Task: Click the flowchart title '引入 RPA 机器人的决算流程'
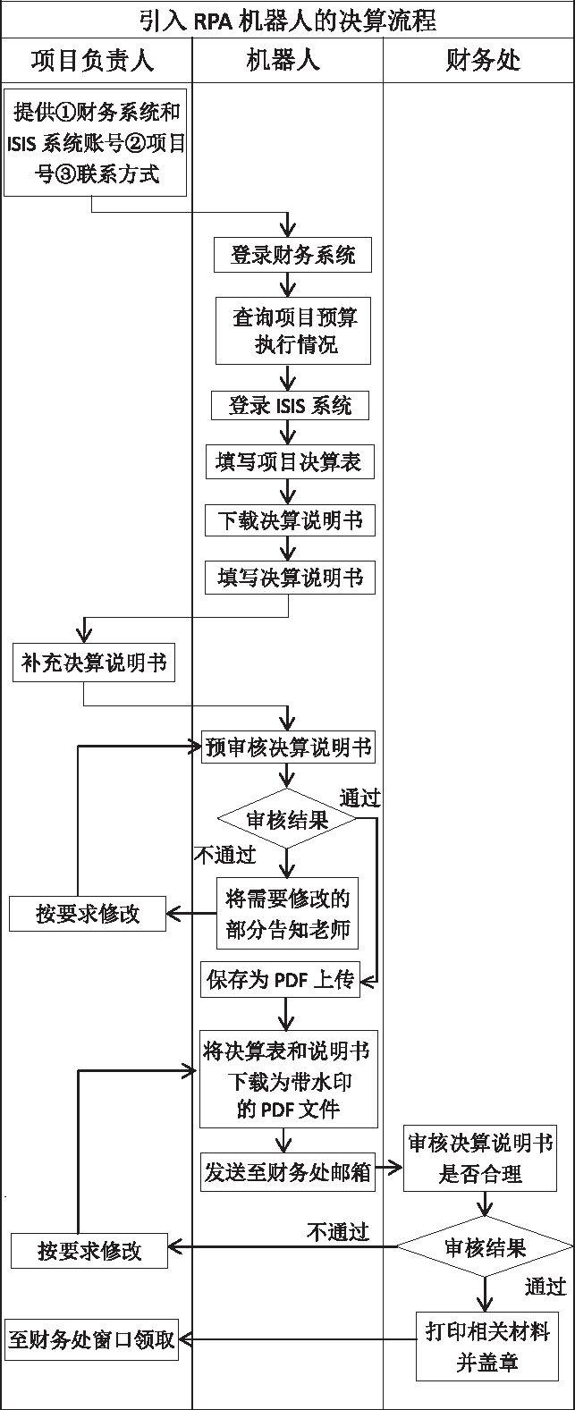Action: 287,19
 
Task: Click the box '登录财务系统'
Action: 292,255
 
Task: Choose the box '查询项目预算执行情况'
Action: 292,331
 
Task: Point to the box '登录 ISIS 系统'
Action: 290,405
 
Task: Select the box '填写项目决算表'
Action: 288,462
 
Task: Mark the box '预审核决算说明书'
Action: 287,747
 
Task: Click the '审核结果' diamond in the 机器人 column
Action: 287,819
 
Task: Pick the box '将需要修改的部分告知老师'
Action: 287,913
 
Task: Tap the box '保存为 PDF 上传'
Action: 280,980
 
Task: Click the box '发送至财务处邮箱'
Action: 287,1171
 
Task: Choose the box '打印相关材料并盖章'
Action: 486,1346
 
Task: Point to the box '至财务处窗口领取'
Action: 91,1339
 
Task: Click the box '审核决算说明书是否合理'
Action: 480,1157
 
